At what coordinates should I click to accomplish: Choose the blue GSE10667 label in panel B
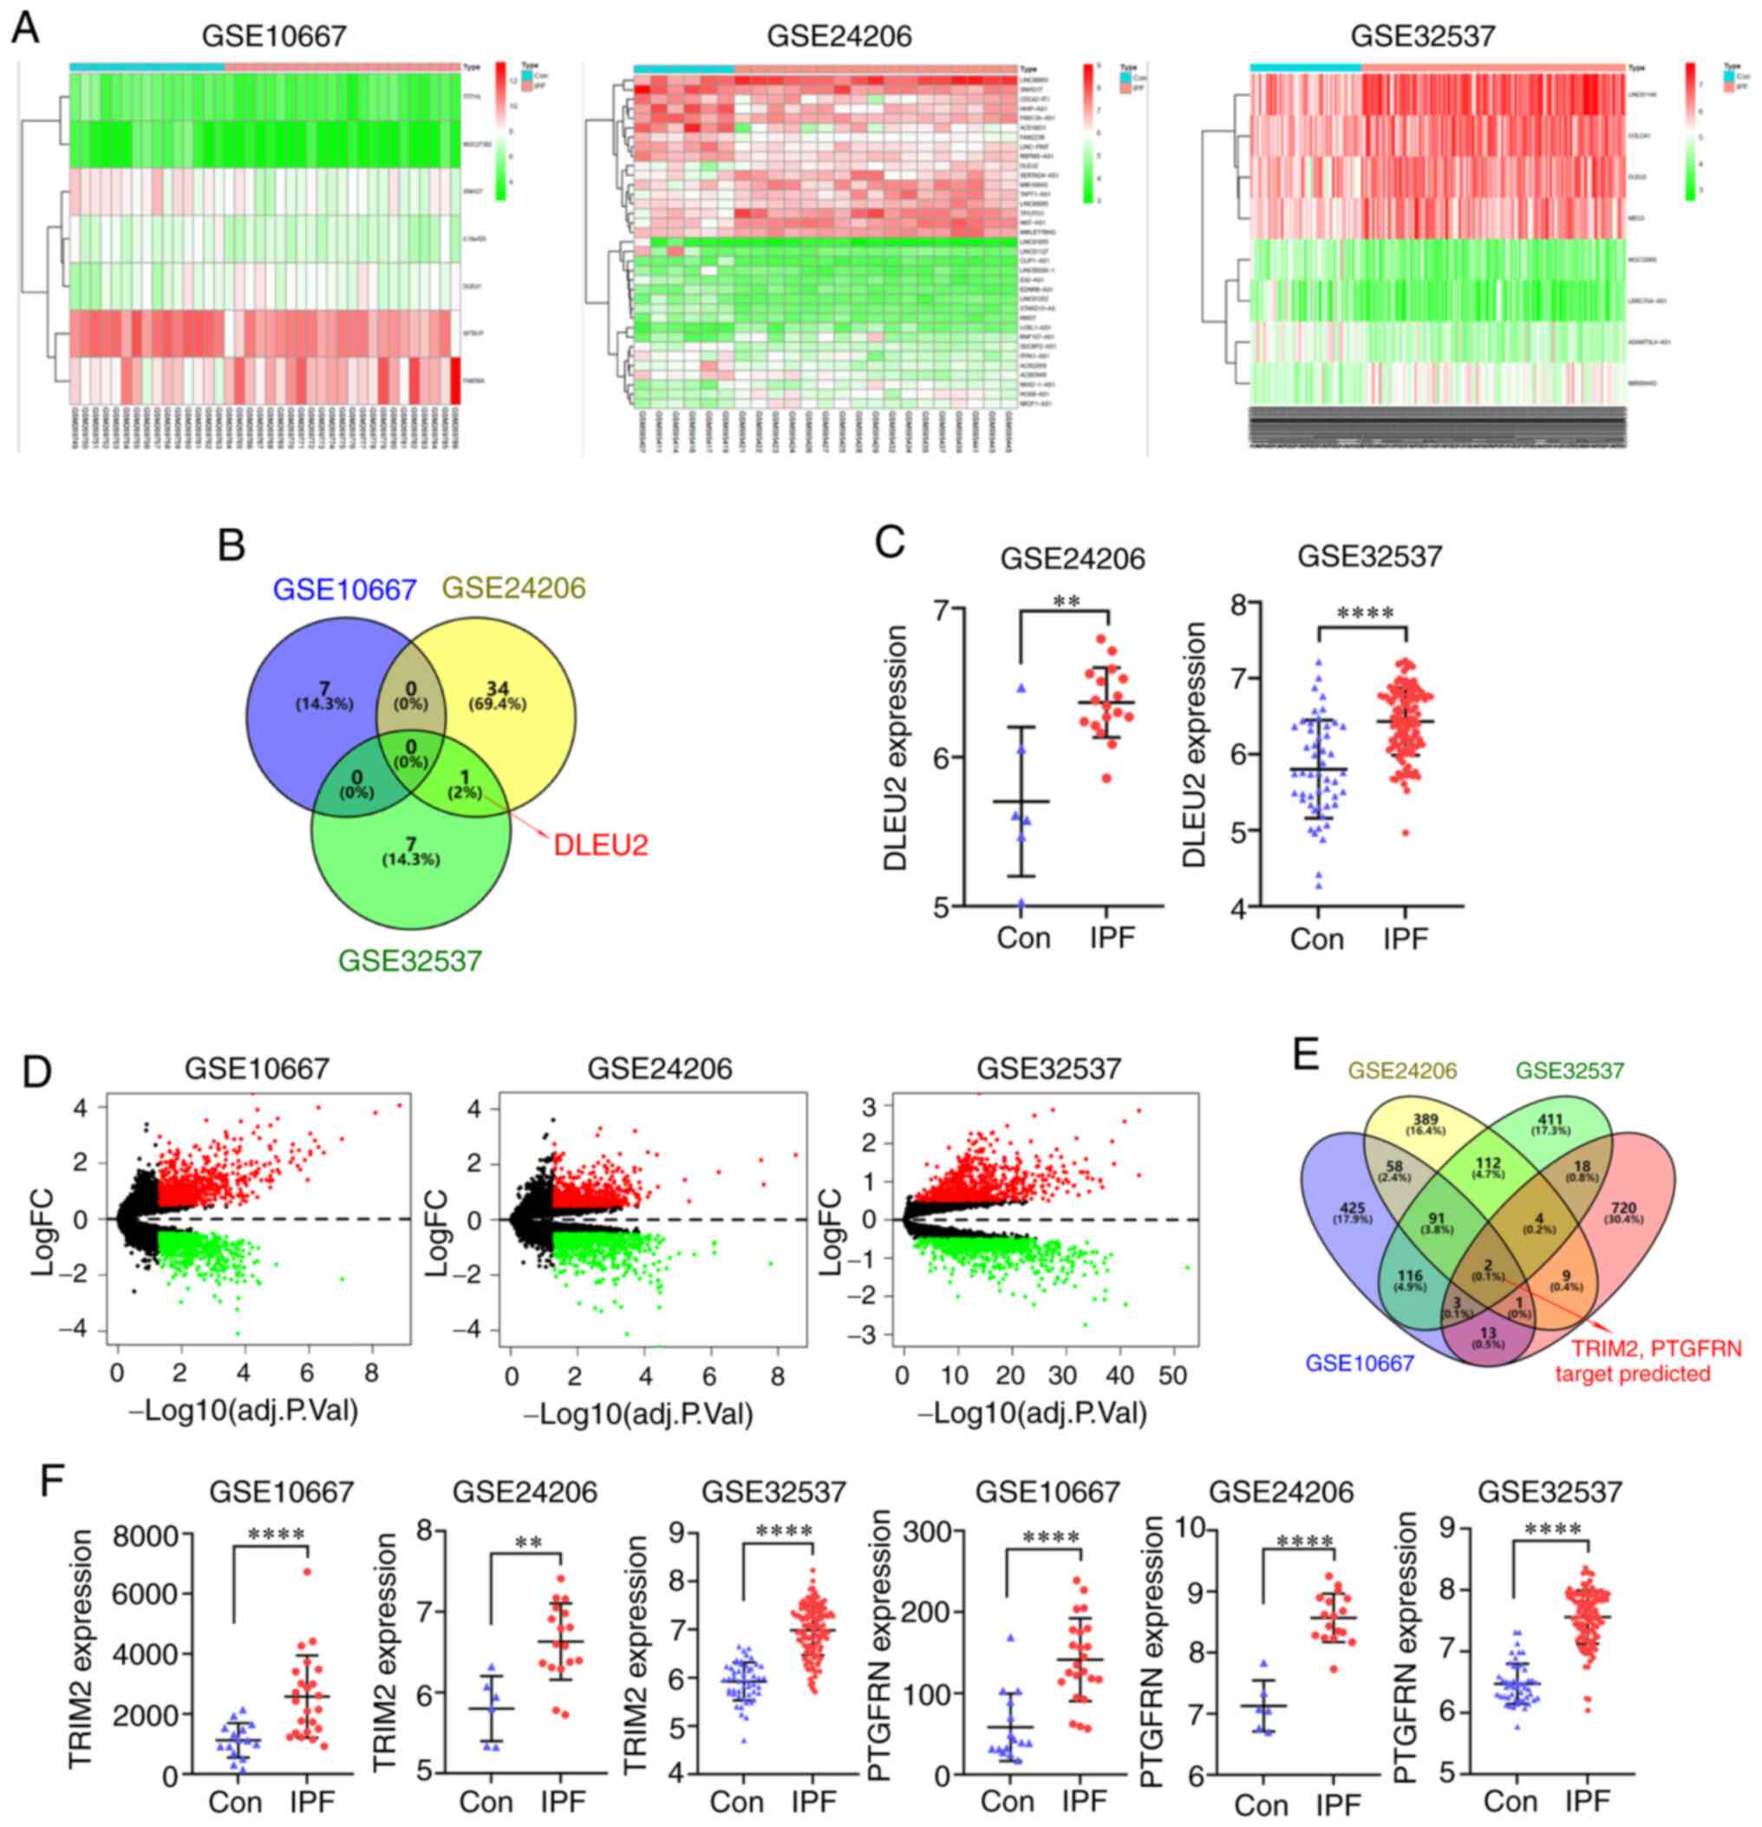[x=344, y=589]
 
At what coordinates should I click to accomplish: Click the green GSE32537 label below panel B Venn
[x=410, y=960]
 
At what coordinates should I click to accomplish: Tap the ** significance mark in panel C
[x=1066, y=602]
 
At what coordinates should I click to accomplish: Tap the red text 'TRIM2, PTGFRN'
[x=1655, y=1348]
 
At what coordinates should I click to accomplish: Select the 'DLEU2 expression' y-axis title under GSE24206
[x=897, y=748]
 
